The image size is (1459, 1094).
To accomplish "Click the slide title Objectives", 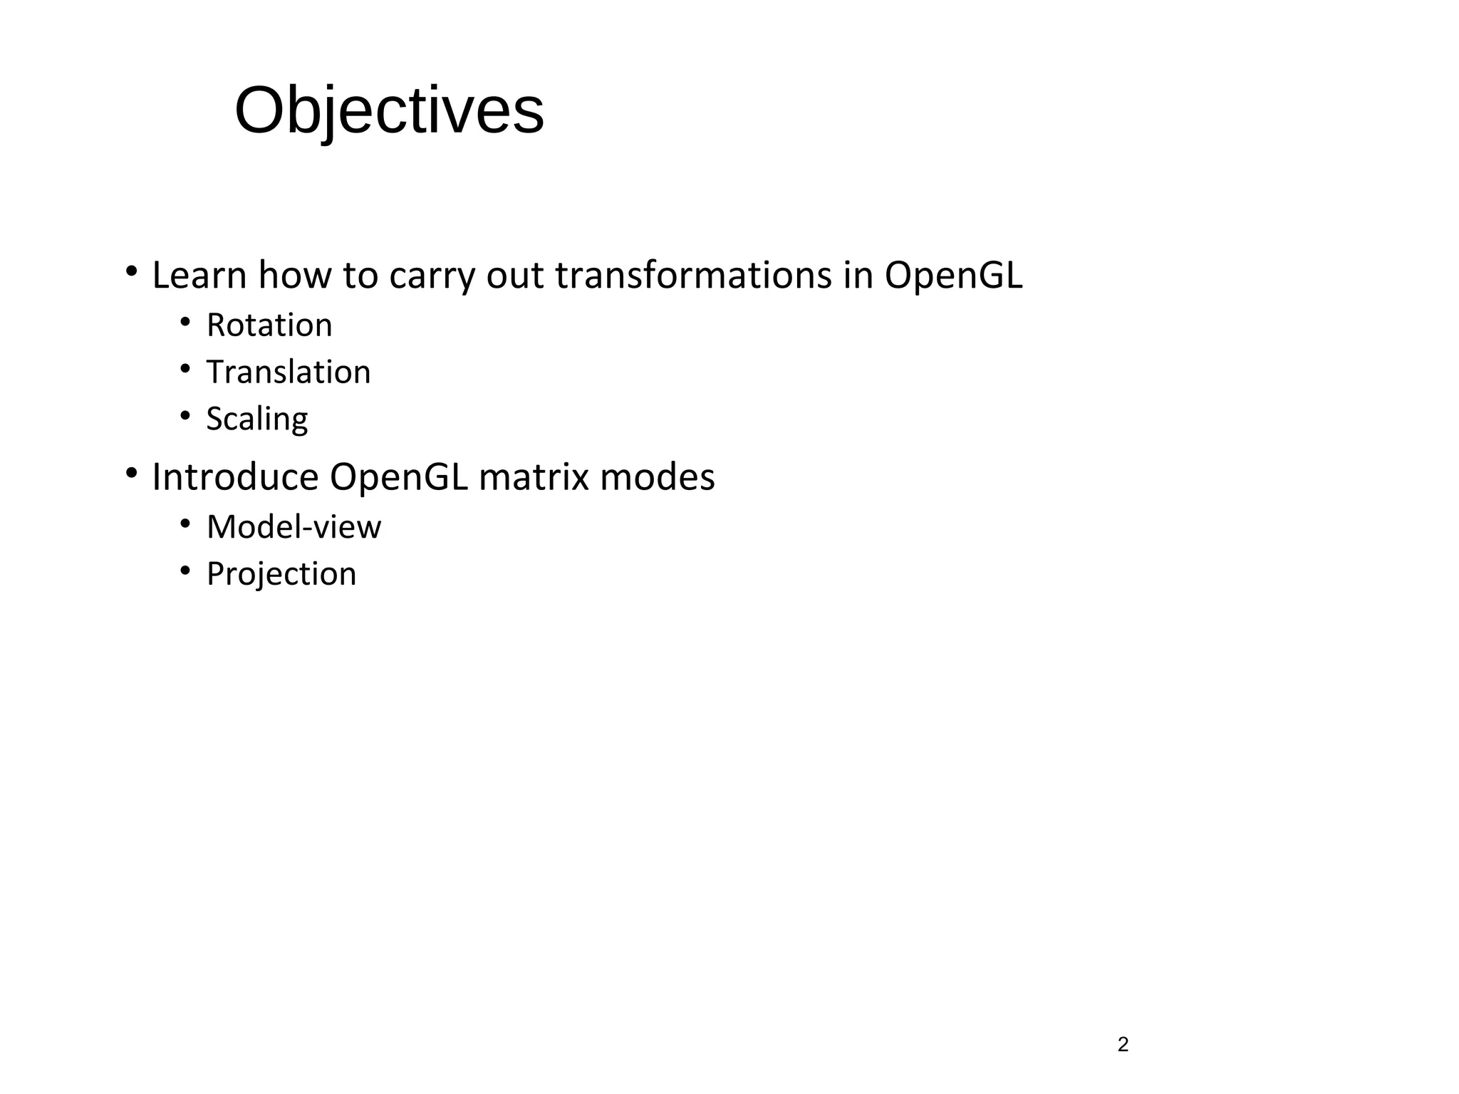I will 389,110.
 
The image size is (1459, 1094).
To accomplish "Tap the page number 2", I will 1123,1045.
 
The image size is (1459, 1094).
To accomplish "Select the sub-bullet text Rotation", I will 269,325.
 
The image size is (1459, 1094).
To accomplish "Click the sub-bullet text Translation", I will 289,373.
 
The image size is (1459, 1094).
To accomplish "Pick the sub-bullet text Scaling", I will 257,419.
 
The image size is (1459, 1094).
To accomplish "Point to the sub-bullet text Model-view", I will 294,527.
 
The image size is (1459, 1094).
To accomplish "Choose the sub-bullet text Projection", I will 281,574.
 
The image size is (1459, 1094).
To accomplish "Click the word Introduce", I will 235,477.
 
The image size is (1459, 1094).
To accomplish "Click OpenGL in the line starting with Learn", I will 953,276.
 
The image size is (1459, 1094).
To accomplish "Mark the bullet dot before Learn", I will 131,271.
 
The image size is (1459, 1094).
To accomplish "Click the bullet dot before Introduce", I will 131,473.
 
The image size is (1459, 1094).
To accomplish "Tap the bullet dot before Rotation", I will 185,323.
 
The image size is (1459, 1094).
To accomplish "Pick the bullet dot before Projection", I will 185,571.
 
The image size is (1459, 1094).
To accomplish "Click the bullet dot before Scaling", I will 185,415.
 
